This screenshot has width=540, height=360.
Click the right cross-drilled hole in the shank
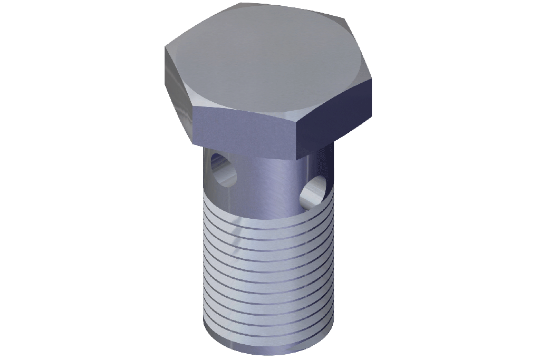[314, 191]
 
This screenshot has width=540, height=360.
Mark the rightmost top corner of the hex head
[372, 79]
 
